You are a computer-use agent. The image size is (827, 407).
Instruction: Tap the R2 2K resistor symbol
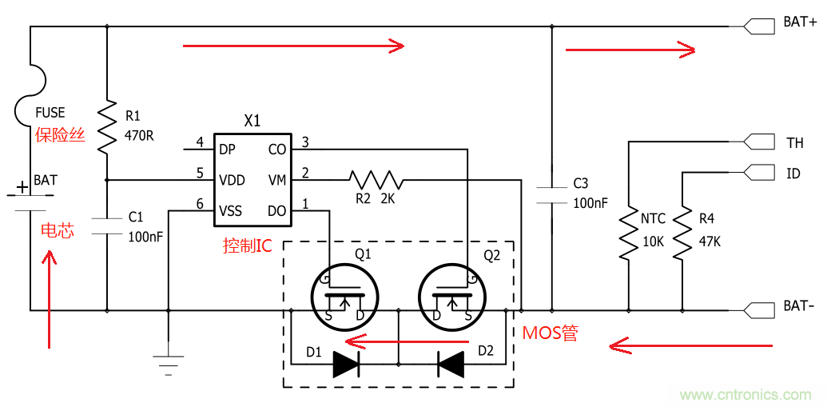click(x=376, y=179)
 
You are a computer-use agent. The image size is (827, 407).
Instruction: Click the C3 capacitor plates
click(x=551, y=193)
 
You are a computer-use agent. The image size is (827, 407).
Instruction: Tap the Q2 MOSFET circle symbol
click(x=451, y=293)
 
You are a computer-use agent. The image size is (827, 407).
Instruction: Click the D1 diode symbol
click(x=345, y=364)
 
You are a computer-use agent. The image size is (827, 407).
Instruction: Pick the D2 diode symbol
click(x=451, y=364)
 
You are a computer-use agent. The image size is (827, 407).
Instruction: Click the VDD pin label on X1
click(x=232, y=180)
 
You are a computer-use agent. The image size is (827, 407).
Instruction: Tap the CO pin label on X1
click(x=277, y=150)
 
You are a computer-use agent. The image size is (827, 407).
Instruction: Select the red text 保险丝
click(x=60, y=135)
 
